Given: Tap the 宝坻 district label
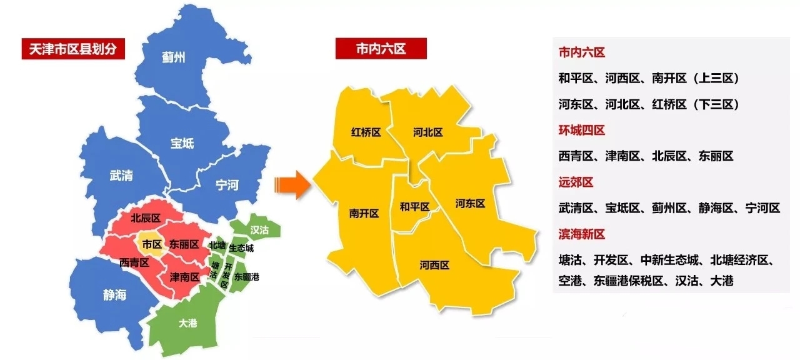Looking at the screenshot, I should point(182,143).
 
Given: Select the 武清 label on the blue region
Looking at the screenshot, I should point(121,176).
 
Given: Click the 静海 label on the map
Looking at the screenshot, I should point(114,294).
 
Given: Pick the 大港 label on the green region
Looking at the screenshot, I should point(187,323).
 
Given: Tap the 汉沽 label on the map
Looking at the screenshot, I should point(259,230).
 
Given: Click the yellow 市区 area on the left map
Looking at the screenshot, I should point(152,244).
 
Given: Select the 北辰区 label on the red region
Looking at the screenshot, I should point(146,218).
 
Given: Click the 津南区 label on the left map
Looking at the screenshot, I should point(186,276).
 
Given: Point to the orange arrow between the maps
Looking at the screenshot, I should point(292,185).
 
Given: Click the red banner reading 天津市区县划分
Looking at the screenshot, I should point(73,49).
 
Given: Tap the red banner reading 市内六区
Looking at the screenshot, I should point(381,49).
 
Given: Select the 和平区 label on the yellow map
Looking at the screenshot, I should point(415,207).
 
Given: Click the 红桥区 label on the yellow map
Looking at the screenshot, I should point(366,132).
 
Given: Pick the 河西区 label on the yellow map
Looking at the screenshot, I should point(434,265).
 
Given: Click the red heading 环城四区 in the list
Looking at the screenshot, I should point(581,130).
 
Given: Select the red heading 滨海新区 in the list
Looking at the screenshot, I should point(581,234).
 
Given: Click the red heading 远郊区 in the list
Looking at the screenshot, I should point(576,182).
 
